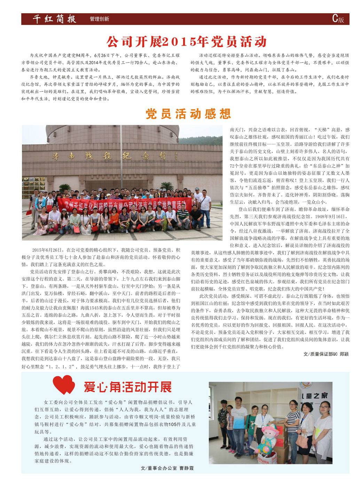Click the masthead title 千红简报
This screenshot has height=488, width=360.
coord(54,19)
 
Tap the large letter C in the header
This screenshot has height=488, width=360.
coord(335,19)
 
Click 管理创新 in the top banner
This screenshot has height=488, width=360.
coord(99,19)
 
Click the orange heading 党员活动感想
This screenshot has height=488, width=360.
coord(188,114)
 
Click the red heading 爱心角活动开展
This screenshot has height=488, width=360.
coord(127,386)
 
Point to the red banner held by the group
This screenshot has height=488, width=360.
coord(125,206)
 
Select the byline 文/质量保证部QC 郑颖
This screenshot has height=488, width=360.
coord(326,354)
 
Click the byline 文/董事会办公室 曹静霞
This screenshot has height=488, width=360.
coord(167,468)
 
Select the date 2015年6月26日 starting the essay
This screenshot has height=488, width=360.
coord(46,250)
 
